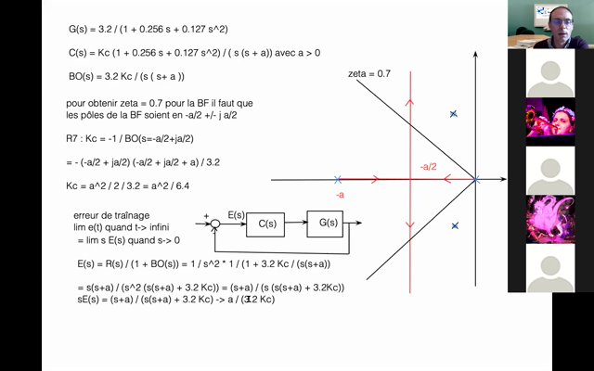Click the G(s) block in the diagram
pyautogui.click(x=327, y=223)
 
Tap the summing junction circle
pyautogui.click(x=215, y=223)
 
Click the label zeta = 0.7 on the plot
pyautogui.click(x=369, y=72)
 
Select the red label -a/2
pyautogui.click(x=428, y=167)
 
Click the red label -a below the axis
pyautogui.click(x=339, y=196)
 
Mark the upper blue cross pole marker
pyautogui.click(x=453, y=114)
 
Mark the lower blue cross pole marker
pyautogui.click(x=455, y=225)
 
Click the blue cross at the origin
pyautogui.click(x=475, y=179)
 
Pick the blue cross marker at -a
pyautogui.click(x=338, y=179)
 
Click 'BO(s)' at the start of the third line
pyautogui.click(x=84, y=76)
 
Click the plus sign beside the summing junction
pyautogui.click(x=206, y=216)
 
